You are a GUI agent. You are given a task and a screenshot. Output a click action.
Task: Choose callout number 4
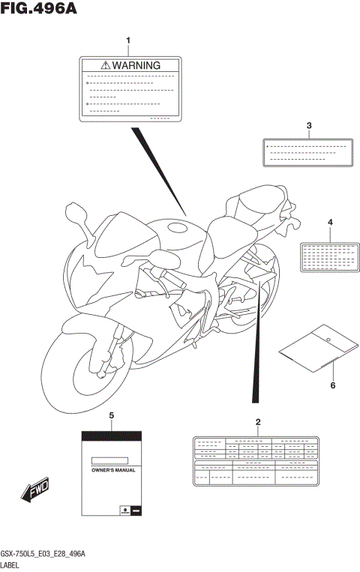point(329,222)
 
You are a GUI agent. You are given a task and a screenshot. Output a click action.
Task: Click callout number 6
point(332,385)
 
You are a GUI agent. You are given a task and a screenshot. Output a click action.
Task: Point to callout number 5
point(111,415)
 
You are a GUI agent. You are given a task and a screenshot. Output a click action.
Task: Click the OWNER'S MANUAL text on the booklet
point(109,469)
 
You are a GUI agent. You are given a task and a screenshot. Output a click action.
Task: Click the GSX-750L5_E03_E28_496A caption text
point(43,553)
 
